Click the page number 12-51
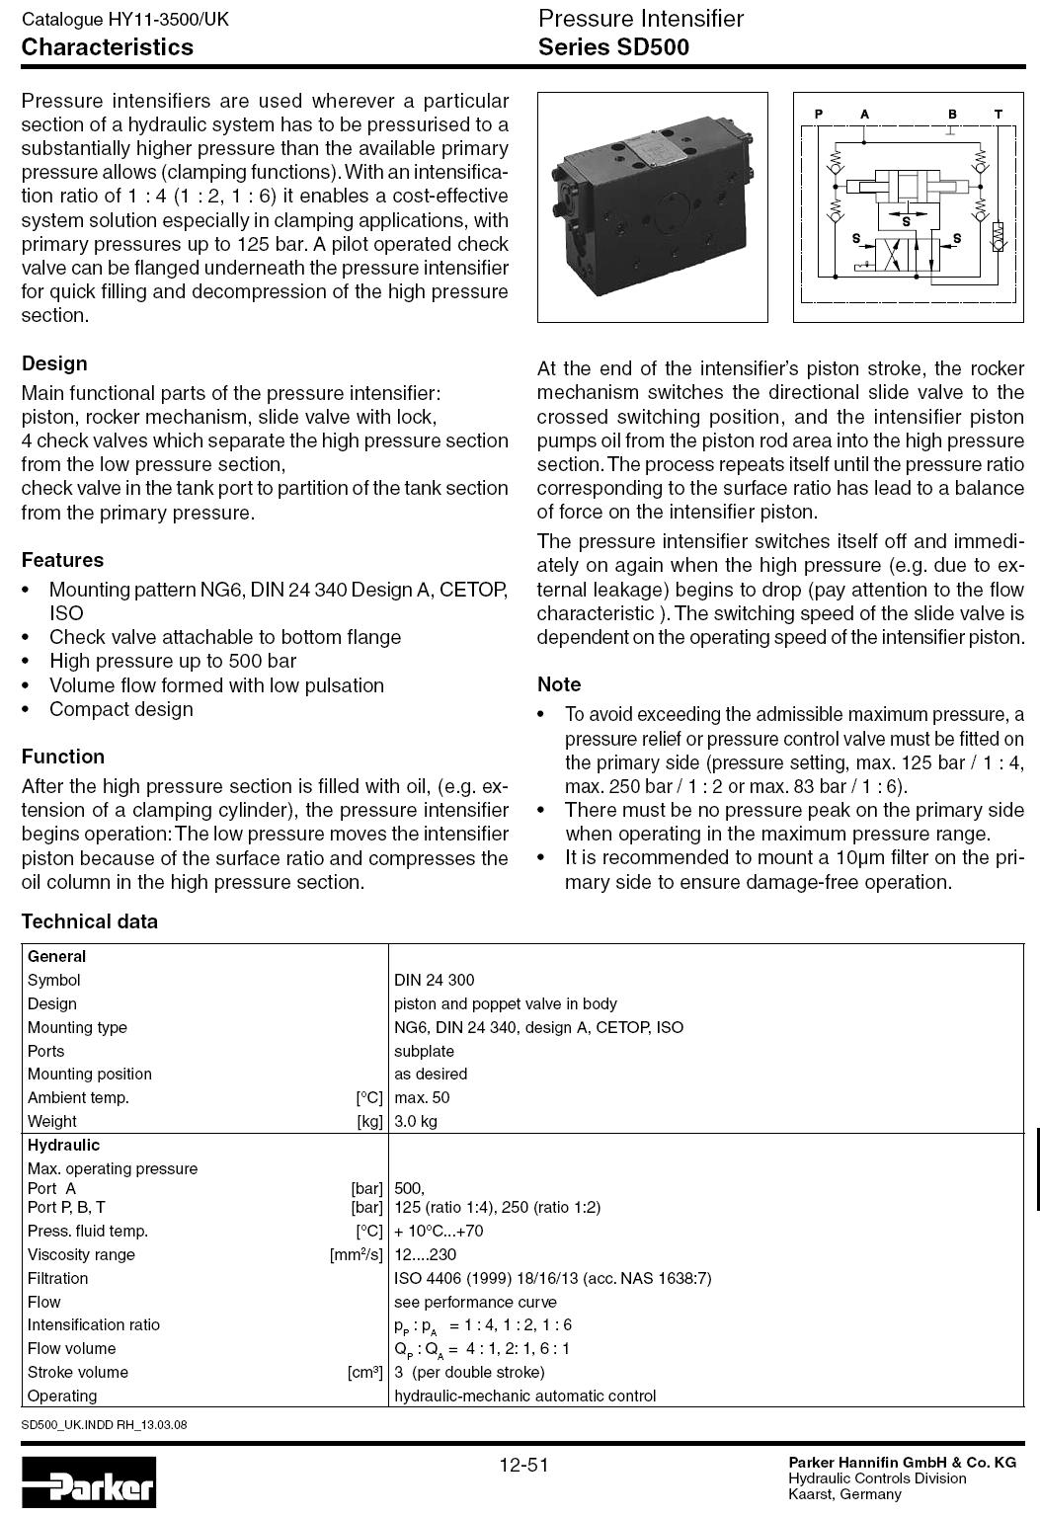pos(523,1465)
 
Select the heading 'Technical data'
pos(90,921)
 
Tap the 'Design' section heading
pos(54,363)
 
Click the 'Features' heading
pos(62,560)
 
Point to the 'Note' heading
pos(559,684)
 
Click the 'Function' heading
pos(63,757)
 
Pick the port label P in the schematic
pos(819,115)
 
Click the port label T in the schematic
pos(999,115)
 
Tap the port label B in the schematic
pos(952,115)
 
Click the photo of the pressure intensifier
pos(652,207)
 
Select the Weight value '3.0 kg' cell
pos(416,1121)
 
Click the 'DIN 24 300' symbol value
pos(434,980)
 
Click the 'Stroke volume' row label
pos(78,1372)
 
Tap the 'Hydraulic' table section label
pos(63,1146)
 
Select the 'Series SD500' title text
pos(613,47)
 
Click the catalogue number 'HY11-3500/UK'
pos(165,20)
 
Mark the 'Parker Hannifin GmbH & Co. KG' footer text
pos(902,1463)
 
